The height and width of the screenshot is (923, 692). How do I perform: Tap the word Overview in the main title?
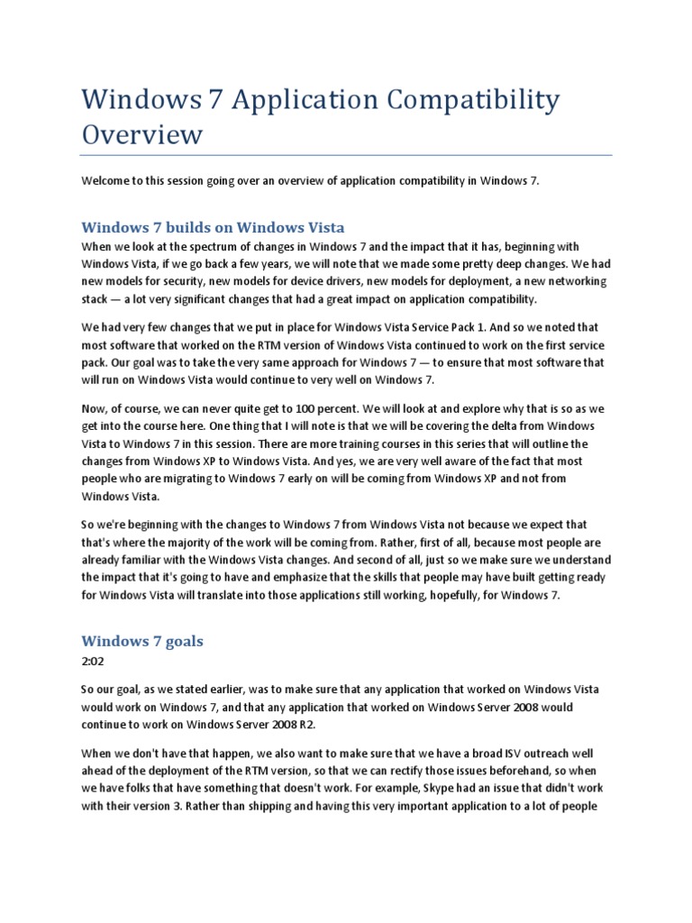click(142, 134)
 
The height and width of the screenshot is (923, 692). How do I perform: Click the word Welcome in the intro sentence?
click(107, 180)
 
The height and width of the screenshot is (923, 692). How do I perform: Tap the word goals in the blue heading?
click(180, 642)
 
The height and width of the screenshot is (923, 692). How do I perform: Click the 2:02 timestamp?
click(94, 661)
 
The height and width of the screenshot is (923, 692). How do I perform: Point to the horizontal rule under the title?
click(346, 154)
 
